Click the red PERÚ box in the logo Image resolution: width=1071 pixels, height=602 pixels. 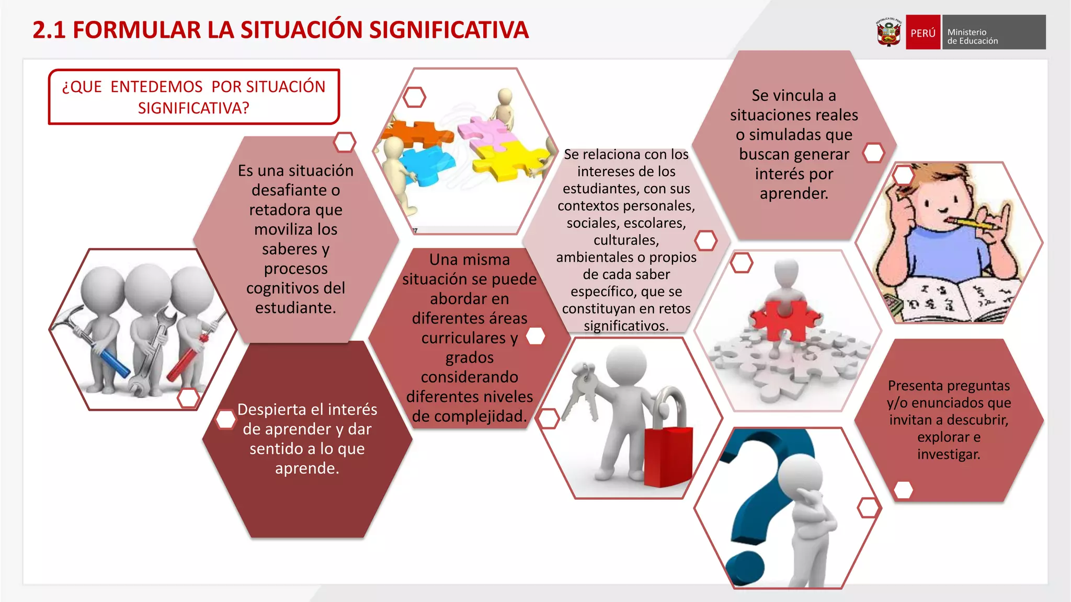click(x=922, y=32)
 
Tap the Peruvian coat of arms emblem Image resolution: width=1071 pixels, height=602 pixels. click(x=888, y=32)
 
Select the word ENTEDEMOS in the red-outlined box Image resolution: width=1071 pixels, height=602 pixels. click(x=156, y=87)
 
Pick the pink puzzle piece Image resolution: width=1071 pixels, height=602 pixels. click(x=484, y=131)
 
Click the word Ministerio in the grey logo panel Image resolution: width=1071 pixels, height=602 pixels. click(x=966, y=32)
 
